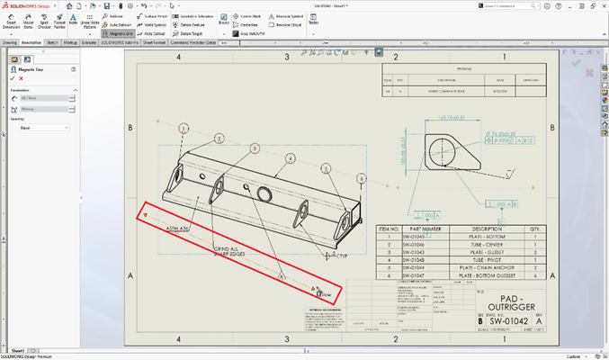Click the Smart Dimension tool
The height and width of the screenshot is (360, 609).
click(x=11, y=21)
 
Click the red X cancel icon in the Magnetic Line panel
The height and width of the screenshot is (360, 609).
click(x=20, y=78)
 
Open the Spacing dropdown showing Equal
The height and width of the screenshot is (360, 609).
click(x=43, y=128)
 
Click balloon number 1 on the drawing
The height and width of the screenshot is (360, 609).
click(x=184, y=129)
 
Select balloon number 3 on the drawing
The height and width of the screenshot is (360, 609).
click(x=255, y=149)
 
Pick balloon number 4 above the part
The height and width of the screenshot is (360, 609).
click(x=290, y=158)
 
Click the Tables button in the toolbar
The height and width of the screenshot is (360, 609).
click(x=313, y=21)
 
